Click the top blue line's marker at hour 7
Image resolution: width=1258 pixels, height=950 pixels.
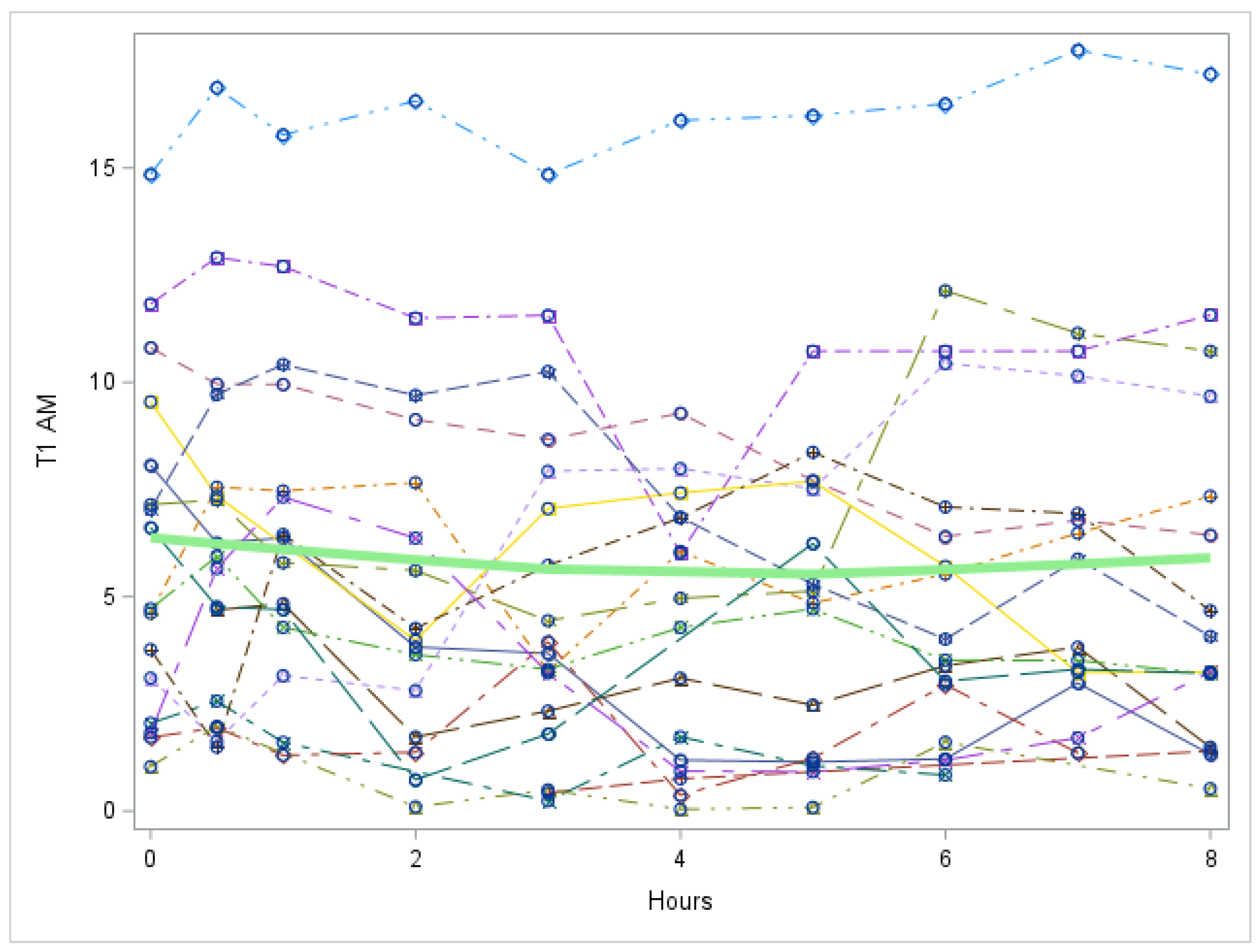pyautogui.click(x=1078, y=51)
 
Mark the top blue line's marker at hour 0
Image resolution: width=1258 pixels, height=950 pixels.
pyautogui.click(x=151, y=175)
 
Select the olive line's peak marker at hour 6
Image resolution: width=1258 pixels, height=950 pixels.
pyautogui.click(x=945, y=291)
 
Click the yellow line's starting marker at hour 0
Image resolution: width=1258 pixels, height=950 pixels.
pyautogui.click(x=151, y=402)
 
